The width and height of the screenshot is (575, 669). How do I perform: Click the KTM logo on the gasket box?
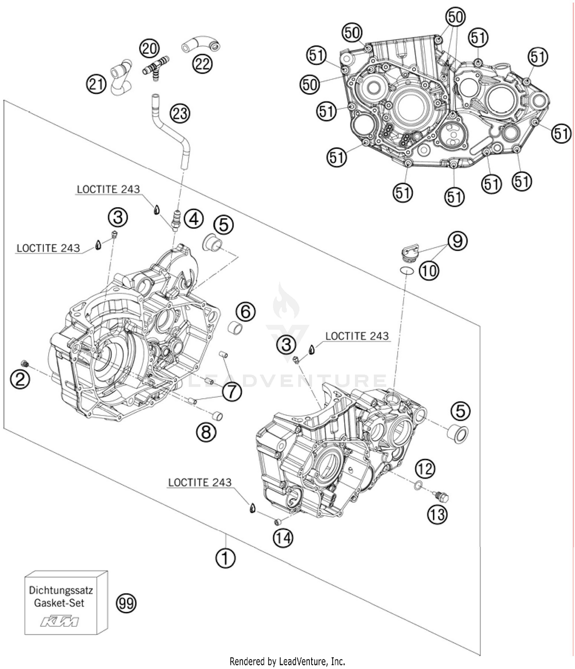[60, 621]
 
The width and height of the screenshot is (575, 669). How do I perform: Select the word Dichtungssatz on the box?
[61, 589]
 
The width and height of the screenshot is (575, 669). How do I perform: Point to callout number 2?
[20, 379]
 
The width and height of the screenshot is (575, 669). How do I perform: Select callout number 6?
[245, 311]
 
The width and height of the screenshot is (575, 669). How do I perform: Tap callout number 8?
[206, 432]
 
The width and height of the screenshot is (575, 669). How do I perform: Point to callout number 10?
[429, 271]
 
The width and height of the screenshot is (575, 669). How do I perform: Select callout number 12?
[425, 469]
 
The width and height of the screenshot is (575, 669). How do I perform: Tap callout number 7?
[232, 392]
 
